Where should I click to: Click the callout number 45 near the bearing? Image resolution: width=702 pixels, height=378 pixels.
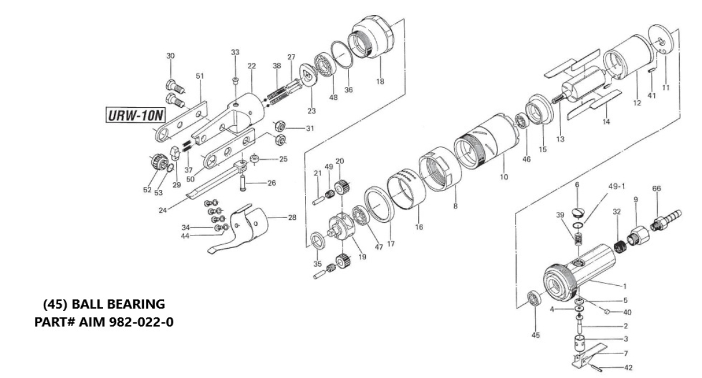[x=536, y=335]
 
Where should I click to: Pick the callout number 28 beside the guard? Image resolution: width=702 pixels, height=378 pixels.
[x=292, y=217]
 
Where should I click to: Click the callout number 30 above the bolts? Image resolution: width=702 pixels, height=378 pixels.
[x=170, y=56]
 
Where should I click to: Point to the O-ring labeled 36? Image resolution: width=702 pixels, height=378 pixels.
[x=340, y=60]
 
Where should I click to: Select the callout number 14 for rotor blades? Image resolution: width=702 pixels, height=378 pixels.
[x=606, y=122]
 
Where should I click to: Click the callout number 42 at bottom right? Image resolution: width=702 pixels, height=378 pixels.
[x=628, y=368]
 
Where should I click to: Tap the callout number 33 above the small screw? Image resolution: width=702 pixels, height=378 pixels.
[x=235, y=53]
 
